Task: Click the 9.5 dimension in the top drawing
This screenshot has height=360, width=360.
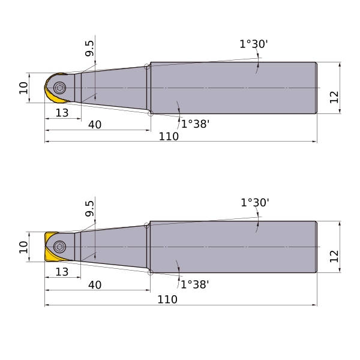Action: (89, 48)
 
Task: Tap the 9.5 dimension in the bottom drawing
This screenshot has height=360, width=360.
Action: (89, 208)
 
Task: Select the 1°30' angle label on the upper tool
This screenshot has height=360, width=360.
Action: (254, 44)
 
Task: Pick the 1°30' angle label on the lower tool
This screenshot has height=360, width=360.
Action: (255, 203)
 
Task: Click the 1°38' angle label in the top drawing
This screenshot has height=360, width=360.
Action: (196, 124)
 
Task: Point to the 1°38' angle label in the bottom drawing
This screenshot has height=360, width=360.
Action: (195, 284)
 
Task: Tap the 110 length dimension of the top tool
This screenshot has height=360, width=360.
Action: (169, 136)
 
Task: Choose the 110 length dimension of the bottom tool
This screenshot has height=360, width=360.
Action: (167, 299)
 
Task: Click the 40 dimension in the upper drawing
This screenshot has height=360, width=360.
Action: (95, 125)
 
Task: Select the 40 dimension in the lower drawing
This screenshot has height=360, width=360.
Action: (95, 285)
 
